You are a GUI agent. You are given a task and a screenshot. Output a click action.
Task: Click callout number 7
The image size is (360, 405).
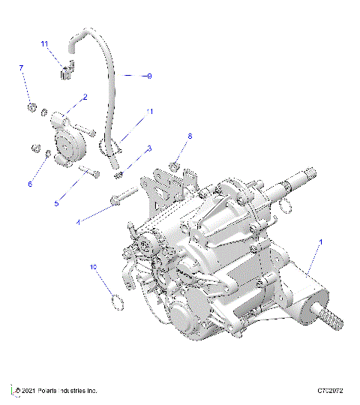pos(22,68)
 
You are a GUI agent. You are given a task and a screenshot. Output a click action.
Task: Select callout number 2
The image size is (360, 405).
pos(85,97)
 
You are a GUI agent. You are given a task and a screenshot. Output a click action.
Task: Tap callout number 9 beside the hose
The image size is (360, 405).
pos(148,76)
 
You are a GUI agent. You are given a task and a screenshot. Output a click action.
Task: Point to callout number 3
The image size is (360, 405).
pos(149,148)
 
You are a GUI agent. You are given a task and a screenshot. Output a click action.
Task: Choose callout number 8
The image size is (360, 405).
pos(190,136)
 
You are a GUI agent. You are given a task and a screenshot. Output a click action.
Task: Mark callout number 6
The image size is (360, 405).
pos(31,183)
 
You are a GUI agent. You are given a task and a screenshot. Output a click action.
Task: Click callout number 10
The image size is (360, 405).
pos(94,266)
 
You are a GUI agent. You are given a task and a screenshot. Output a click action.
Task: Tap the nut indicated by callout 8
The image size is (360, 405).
pos(173,165)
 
